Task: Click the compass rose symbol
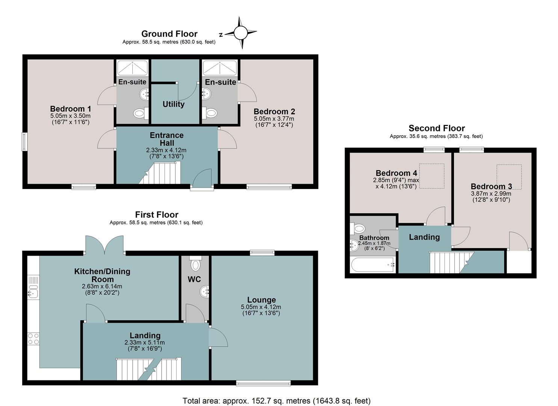point(240,33)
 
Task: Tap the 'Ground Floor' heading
point(169,34)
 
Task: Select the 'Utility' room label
point(173,104)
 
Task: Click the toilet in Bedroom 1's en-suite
point(141,114)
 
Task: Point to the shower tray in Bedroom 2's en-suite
point(220,67)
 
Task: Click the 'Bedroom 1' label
point(71,109)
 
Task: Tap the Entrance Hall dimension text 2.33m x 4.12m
point(166,150)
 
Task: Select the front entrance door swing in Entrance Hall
point(202,178)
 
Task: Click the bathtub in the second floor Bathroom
point(373,264)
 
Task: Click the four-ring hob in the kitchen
point(33,339)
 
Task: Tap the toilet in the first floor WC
point(195,264)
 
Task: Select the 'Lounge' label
point(261,300)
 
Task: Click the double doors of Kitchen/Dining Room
point(104,245)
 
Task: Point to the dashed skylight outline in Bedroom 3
point(509,177)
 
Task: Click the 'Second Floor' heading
point(437,128)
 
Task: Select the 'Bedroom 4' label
point(396,173)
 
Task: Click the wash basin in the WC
point(204,291)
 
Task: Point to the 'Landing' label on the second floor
point(424,237)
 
